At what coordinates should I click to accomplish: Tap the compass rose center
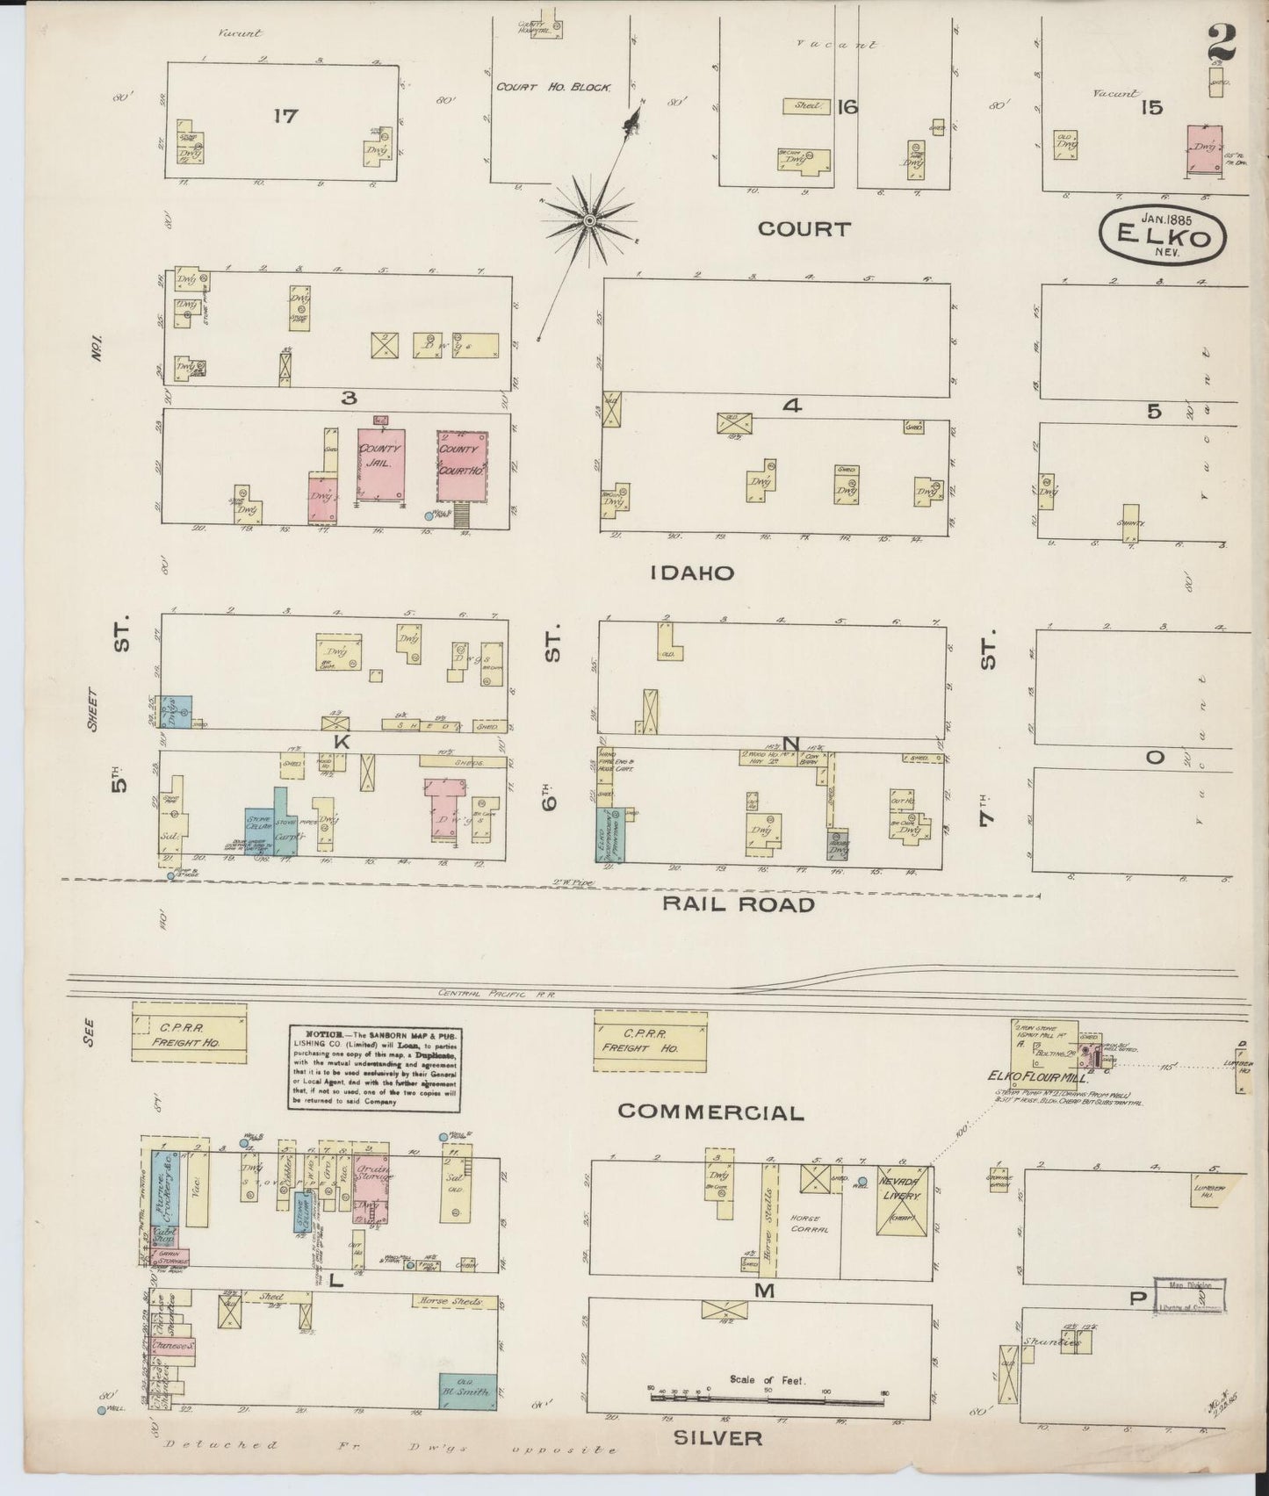point(590,219)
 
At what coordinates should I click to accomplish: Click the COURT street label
point(804,229)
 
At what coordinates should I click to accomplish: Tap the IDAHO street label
point(691,573)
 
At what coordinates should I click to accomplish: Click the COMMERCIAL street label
point(710,1112)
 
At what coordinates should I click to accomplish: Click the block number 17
point(285,115)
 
